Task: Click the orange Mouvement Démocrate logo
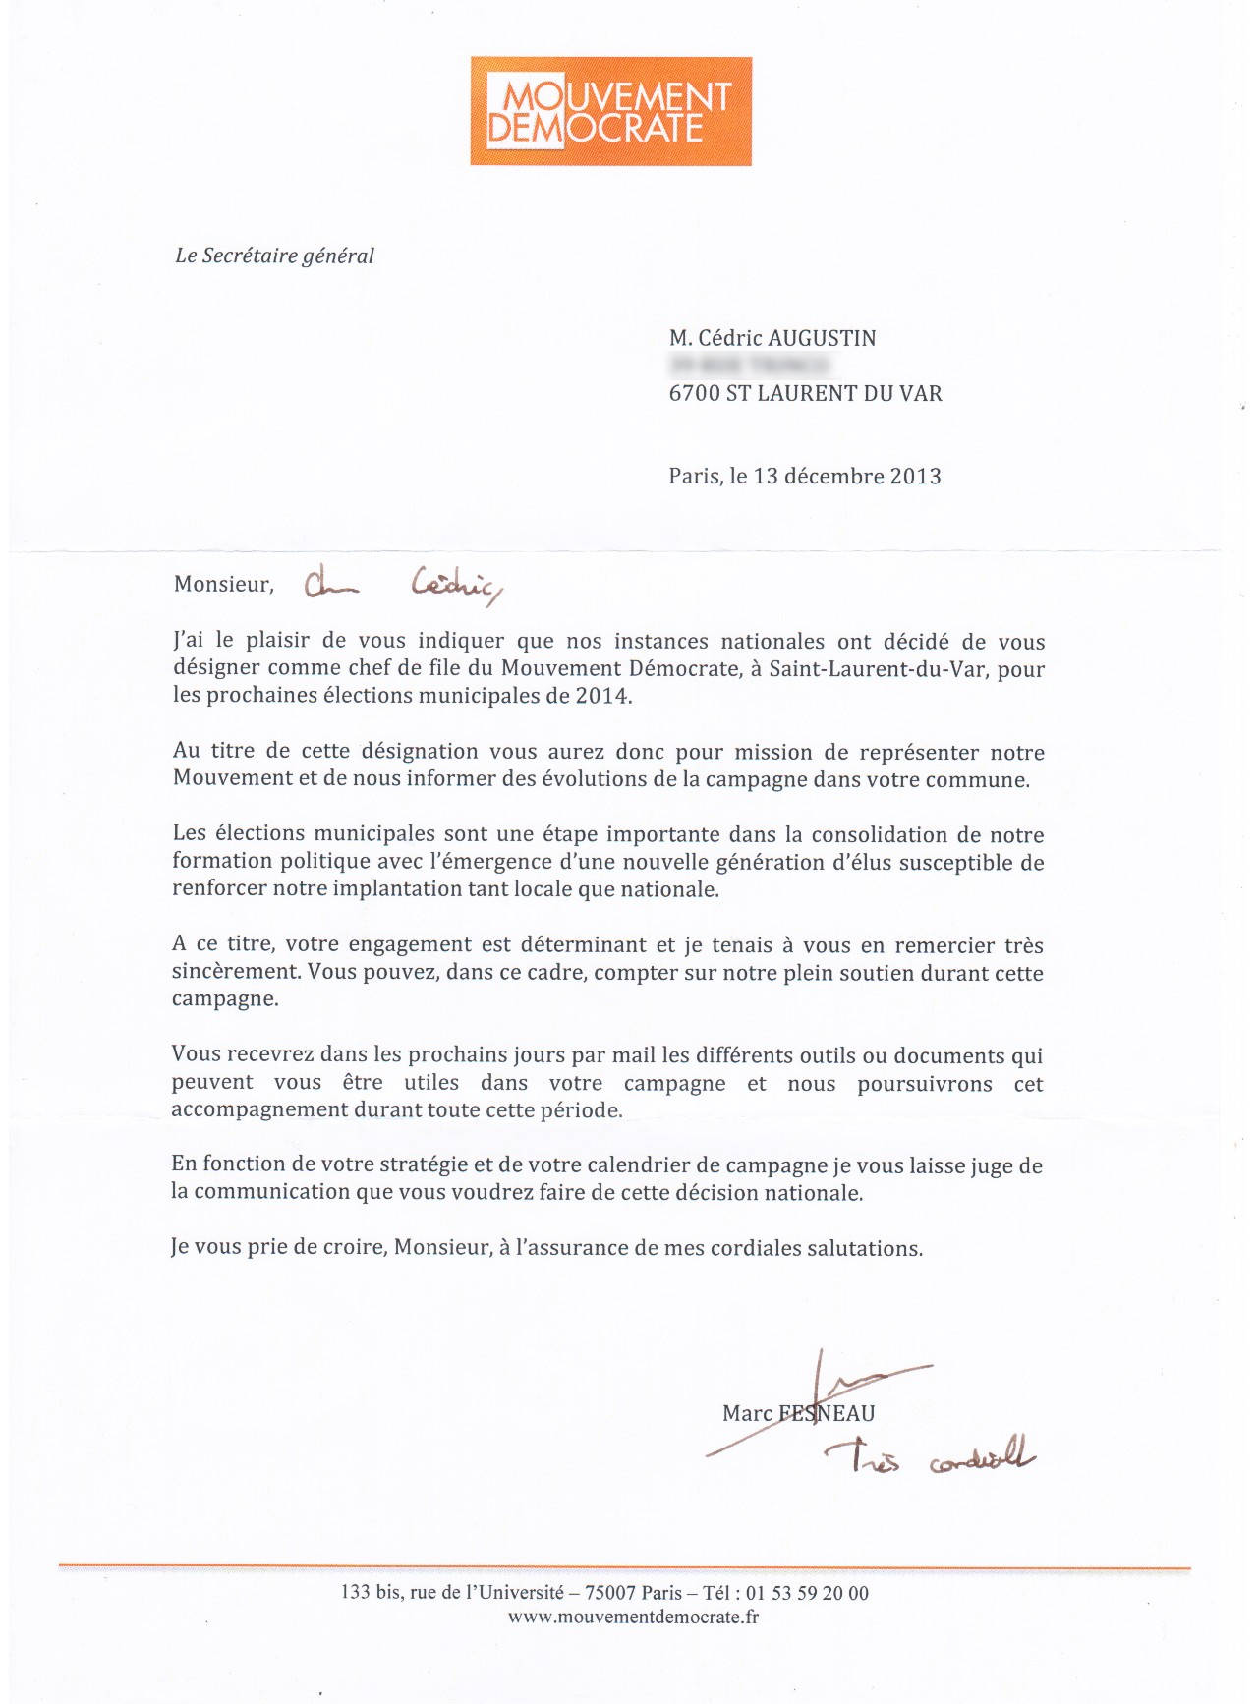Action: coord(610,111)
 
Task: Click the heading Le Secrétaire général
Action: coord(274,256)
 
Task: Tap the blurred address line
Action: coord(750,367)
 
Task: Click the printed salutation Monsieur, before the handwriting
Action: coord(223,585)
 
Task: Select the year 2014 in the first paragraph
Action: coord(601,696)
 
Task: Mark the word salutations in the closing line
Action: coord(864,1248)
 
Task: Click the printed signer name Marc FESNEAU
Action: coord(798,1413)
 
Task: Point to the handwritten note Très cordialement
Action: coord(930,1457)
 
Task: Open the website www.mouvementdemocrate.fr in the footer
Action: coord(633,1617)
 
